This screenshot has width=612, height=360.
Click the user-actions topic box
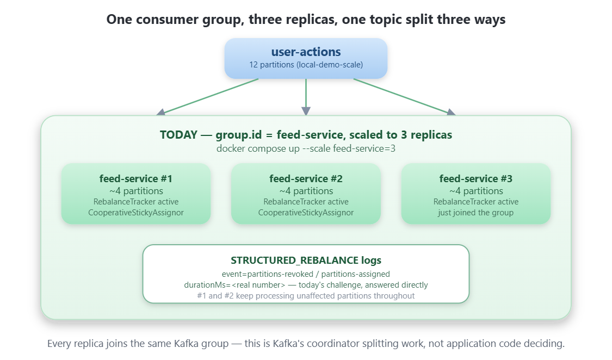[306, 59]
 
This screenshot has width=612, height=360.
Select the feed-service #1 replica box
[136, 194]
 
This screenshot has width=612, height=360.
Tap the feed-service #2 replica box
[306, 194]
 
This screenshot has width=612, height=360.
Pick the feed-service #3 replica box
[476, 194]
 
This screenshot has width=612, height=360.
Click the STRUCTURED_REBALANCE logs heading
[306, 260]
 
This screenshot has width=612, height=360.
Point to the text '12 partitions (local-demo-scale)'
[306, 65]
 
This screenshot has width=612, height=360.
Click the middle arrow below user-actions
[306, 97]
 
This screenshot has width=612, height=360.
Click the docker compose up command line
[306, 148]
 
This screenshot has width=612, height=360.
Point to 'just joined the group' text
[476, 213]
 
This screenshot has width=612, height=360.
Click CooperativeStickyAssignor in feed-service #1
[136, 213]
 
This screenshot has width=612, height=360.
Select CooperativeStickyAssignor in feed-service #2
[306, 213]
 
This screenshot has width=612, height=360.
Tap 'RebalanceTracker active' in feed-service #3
[476, 202]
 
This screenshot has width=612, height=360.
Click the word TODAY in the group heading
[178, 135]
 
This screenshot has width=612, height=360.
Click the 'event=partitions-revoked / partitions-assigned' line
[306, 274]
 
